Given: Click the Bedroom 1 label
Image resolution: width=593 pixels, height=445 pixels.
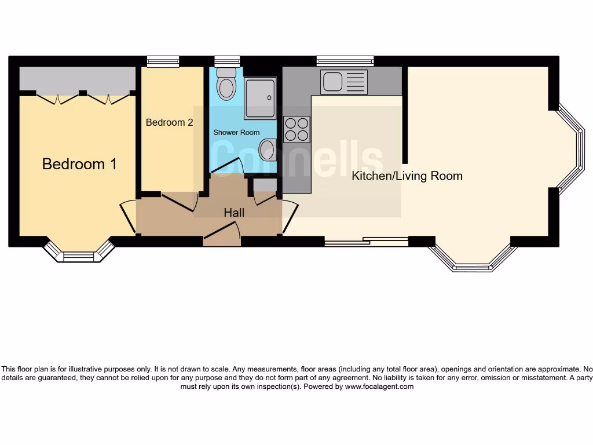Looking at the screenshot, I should (79, 164).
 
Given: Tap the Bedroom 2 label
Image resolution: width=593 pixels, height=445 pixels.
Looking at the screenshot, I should (169, 122).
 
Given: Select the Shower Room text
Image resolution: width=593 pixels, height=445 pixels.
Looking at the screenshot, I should (236, 132).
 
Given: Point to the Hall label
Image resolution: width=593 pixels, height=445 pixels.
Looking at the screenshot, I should (234, 213).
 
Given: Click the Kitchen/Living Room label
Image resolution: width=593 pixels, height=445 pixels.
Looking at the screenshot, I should (407, 176).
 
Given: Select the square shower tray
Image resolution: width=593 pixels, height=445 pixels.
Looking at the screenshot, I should (260, 99).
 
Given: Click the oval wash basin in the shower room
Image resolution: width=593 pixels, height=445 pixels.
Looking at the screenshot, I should (267, 150).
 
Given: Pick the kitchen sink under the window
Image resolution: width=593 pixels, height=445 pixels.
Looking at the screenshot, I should (344, 82).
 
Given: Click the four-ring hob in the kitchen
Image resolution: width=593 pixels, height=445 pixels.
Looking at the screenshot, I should (296, 129).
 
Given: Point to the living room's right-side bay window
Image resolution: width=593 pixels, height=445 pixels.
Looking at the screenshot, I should (574, 149).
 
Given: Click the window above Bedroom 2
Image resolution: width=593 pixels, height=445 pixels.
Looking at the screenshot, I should (163, 61).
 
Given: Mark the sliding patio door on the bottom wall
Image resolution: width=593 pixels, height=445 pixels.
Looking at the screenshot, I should (366, 242).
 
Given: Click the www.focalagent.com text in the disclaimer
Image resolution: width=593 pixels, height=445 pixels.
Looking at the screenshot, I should (379, 386).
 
